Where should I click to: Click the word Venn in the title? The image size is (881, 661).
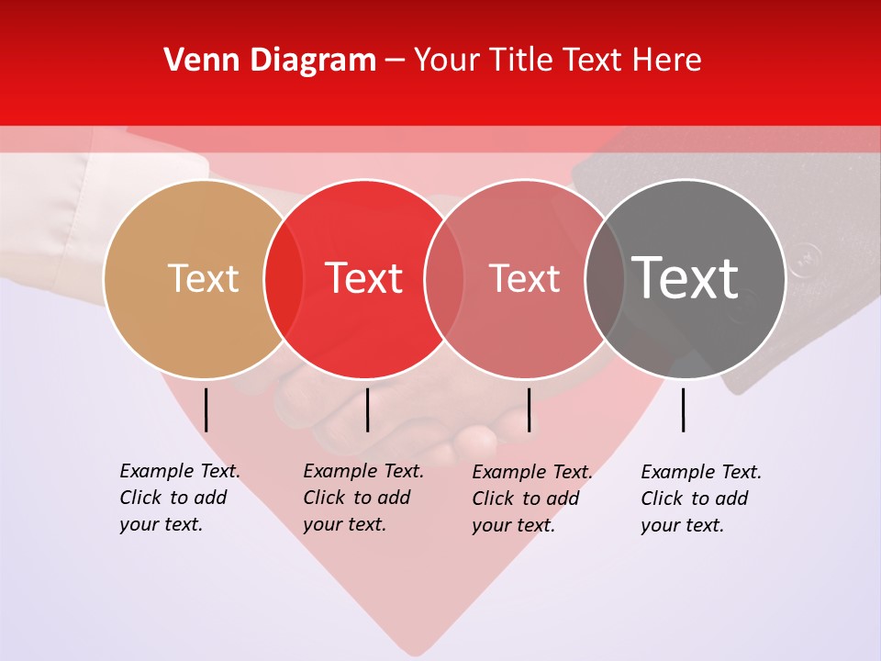tap(195, 61)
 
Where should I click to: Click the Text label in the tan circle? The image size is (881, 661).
tap(203, 278)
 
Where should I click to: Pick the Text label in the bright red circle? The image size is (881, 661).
tap(363, 278)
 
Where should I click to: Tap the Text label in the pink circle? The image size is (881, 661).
tap(524, 278)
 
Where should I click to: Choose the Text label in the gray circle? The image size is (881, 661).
tap(685, 278)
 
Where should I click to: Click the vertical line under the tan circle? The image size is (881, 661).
tap(206, 409)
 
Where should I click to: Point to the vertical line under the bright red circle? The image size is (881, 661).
tap(367, 409)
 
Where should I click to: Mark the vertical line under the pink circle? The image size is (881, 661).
tap(529, 409)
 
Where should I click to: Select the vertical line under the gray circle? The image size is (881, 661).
tap(683, 409)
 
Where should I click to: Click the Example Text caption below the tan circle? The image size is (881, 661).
tap(179, 498)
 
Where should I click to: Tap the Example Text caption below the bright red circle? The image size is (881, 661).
tap(362, 498)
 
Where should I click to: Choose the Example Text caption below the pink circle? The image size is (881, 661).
tap(531, 499)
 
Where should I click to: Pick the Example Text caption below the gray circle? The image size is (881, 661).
tap(700, 499)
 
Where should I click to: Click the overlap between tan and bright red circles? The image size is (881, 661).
tap(284, 278)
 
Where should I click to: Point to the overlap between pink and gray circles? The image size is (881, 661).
tap(605, 278)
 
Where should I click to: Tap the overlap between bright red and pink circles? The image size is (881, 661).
tap(444, 278)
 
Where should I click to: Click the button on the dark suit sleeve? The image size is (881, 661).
tap(805, 260)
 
